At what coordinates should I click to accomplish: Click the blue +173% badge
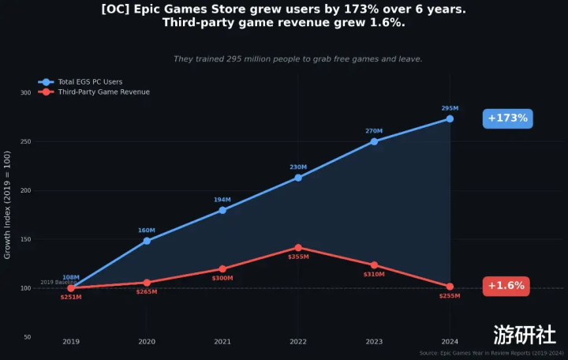tap(507, 118)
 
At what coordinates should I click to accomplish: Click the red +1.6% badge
tap(506, 286)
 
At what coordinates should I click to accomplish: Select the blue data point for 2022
tap(298, 178)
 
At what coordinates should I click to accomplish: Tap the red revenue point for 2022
tap(298, 248)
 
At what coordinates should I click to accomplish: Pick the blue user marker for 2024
tap(450, 119)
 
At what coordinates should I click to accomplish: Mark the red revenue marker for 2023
tap(374, 265)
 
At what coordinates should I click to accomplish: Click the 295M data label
tap(450, 108)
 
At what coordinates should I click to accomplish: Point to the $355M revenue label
tap(298, 257)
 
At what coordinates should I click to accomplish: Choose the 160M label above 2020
tap(147, 231)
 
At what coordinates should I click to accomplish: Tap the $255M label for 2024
tap(450, 295)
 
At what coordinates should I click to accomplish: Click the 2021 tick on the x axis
tap(222, 341)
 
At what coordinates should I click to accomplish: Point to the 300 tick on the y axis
tap(26, 93)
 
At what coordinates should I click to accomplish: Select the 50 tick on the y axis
tap(28, 337)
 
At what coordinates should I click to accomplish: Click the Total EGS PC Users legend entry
tap(89, 82)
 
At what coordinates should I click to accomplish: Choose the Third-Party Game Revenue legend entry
tap(103, 92)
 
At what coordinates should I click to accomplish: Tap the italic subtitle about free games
tap(297, 59)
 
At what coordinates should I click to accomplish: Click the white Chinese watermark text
tap(525, 333)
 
